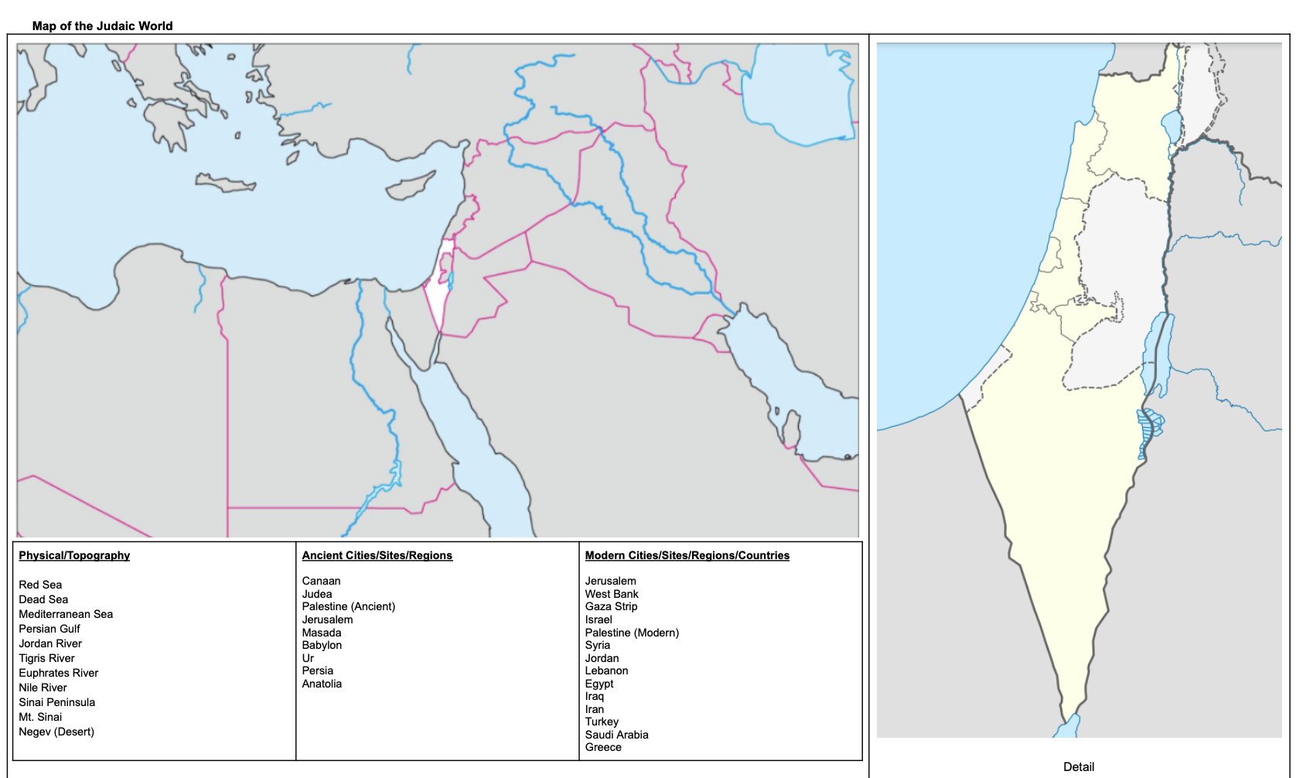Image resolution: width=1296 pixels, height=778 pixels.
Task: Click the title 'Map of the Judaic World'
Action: (102, 26)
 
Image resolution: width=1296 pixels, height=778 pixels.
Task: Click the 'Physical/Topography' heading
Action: (74, 555)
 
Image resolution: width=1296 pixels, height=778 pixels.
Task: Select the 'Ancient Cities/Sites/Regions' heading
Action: (377, 555)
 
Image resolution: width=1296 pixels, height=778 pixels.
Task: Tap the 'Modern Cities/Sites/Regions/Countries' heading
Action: (687, 555)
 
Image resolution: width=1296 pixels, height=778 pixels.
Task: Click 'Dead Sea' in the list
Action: (43, 599)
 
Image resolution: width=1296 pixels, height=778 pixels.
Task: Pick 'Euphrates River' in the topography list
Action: (59, 673)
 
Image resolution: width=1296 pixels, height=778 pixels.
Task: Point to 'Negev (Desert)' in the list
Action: (56, 732)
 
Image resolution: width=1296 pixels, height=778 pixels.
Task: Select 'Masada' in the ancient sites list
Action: (321, 633)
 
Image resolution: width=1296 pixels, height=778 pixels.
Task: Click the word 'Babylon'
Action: (322, 645)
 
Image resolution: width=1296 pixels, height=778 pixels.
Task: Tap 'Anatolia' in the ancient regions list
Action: (322, 684)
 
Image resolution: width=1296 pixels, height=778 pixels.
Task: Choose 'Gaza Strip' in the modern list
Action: (611, 606)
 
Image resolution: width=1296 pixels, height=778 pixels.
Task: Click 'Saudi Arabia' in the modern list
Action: (616, 735)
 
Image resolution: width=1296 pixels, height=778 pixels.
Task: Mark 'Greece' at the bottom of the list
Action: (603, 747)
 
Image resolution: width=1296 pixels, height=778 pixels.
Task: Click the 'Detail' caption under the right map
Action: (1078, 766)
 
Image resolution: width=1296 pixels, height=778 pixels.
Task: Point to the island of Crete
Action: (227, 184)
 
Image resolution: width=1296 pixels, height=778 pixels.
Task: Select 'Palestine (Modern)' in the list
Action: (632, 633)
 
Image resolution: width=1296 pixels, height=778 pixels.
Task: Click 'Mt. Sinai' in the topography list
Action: (40, 717)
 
